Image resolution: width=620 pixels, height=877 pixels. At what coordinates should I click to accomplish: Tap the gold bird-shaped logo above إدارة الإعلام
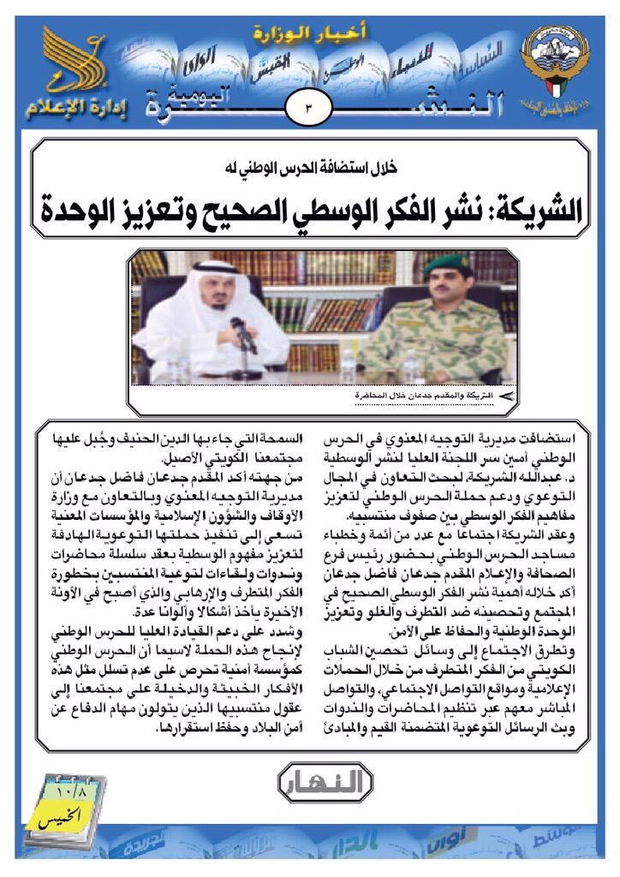tap(75, 62)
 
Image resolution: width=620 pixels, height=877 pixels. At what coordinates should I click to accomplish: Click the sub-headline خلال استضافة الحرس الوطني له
tap(309, 169)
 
